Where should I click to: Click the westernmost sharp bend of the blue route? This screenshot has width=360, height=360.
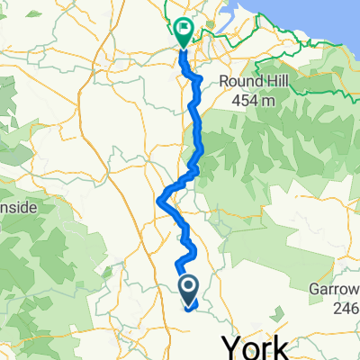[x=159, y=202]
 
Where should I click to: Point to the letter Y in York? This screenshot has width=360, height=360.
[x=232, y=347]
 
